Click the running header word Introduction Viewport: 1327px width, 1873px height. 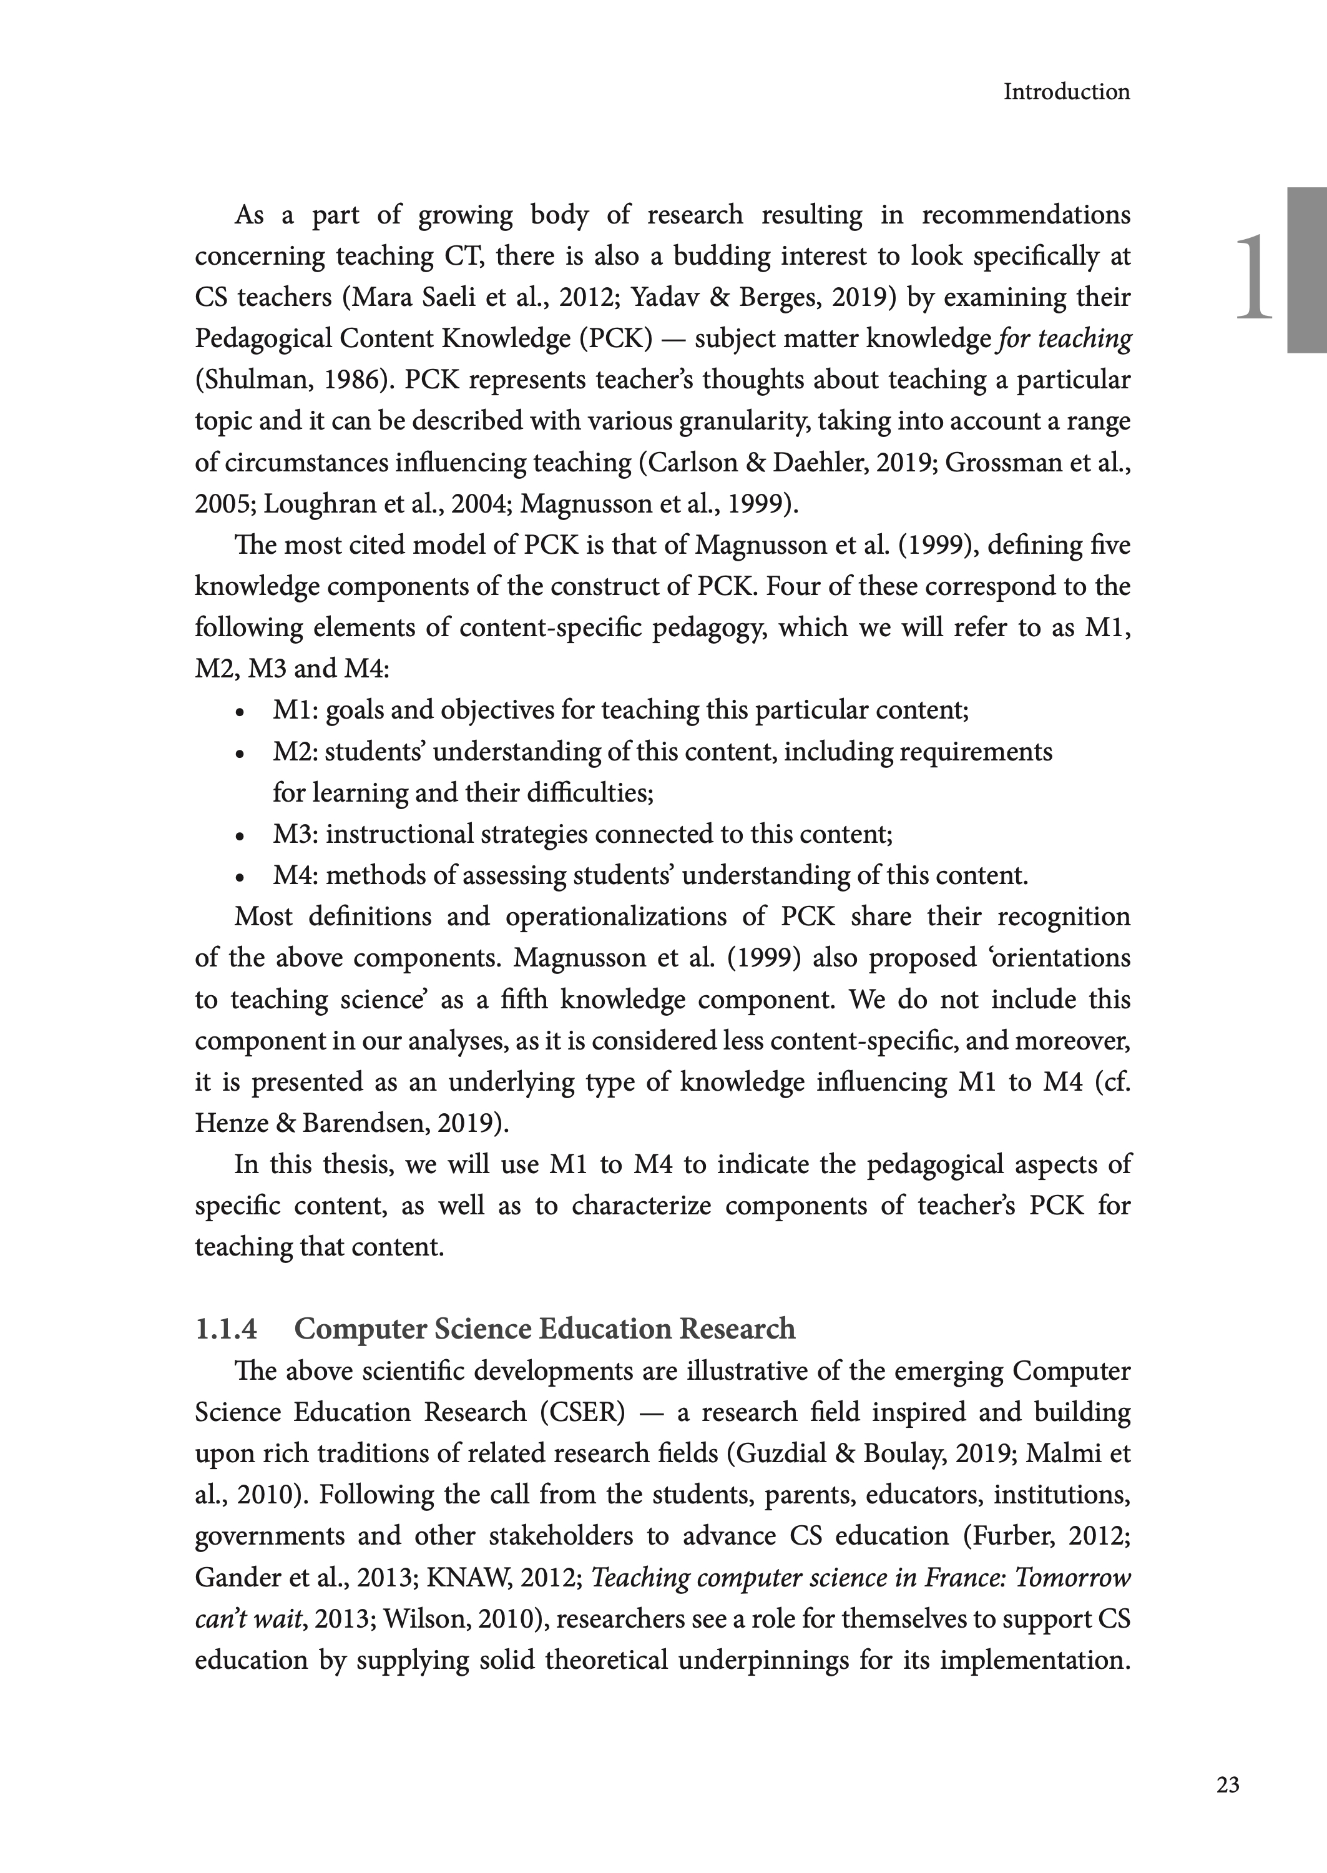(1066, 92)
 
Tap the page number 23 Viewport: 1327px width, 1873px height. (1227, 1785)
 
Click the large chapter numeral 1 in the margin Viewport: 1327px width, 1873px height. (1253, 278)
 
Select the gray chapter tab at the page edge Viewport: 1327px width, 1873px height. (1306, 270)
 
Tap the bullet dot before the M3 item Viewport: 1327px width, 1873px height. (238, 837)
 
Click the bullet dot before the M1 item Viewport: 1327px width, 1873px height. (238, 712)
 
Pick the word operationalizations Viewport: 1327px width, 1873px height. (615, 917)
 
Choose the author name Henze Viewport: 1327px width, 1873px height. (232, 1124)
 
